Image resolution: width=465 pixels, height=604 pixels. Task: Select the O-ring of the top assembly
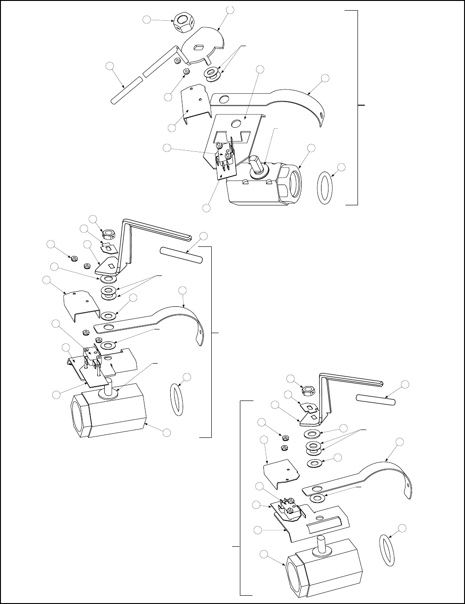click(325, 188)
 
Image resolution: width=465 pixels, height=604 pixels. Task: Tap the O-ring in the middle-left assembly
click(176, 399)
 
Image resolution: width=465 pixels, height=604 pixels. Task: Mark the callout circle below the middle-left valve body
click(167, 432)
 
